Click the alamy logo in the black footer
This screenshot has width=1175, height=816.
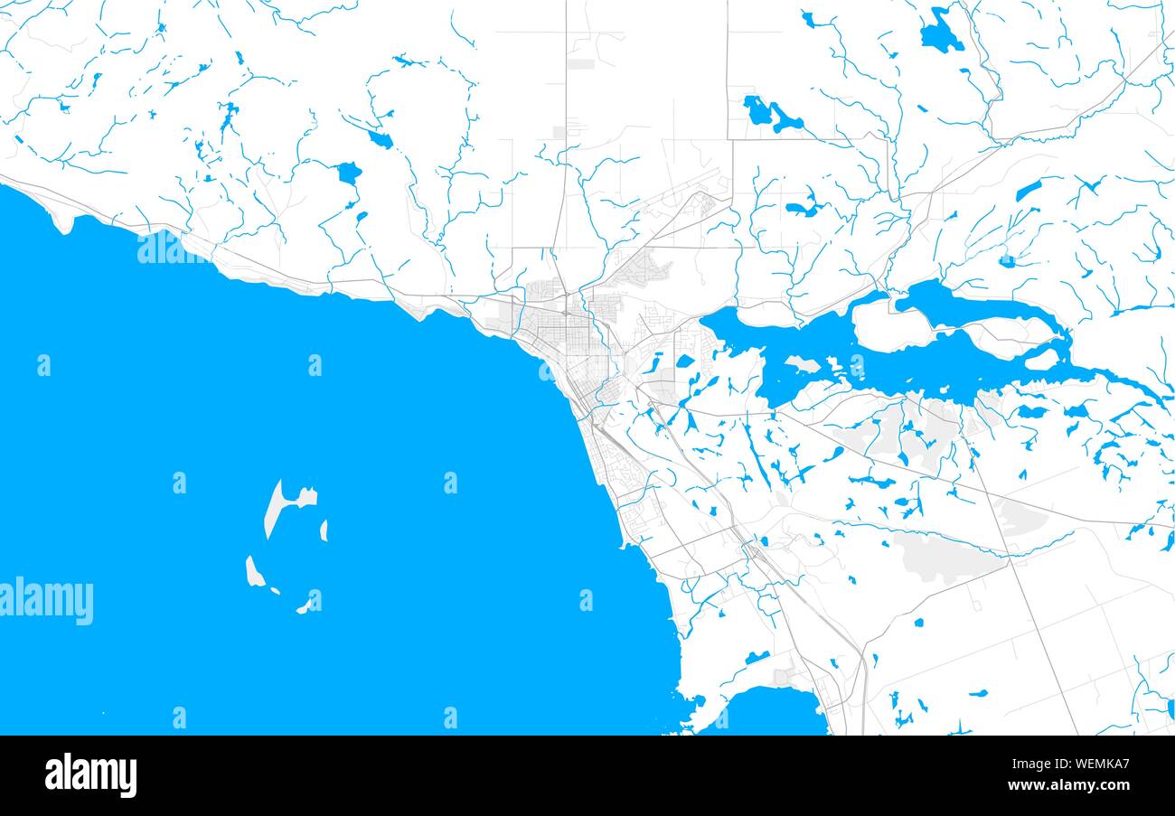[x=90, y=775]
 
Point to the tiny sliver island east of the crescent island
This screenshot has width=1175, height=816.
[x=324, y=530]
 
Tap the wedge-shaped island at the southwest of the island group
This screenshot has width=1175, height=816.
[x=254, y=571]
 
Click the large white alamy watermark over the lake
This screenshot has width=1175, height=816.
[x=47, y=601]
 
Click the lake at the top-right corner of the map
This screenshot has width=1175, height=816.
[x=939, y=34]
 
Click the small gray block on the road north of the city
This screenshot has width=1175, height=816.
[x=580, y=64]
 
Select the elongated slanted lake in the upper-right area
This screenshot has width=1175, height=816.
[x=1028, y=190]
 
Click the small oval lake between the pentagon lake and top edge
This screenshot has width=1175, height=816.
[x=381, y=140]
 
